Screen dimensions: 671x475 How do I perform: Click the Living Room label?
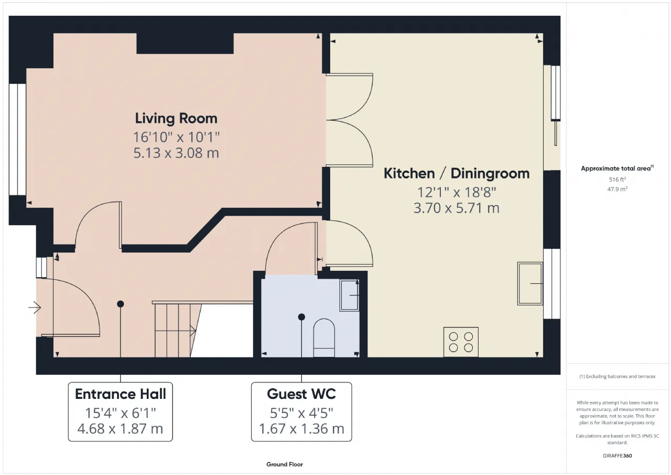click(x=176, y=119)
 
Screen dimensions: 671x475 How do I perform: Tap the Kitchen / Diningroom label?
click(x=457, y=174)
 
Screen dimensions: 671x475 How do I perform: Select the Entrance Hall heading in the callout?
click(x=121, y=394)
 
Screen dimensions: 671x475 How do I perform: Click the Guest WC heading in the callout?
click(x=301, y=394)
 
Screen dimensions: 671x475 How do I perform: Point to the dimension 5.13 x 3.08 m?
click(x=176, y=153)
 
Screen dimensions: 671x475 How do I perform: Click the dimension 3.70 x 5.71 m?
click(x=457, y=208)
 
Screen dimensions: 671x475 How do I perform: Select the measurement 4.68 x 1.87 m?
click(x=121, y=428)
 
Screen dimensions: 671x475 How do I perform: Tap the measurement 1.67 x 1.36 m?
click(x=301, y=428)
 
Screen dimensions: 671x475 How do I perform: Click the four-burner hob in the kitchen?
click(x=461, y=342)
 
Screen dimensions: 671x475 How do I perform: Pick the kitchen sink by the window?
click(x=530, y=283)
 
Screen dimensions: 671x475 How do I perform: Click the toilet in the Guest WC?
click(x=324, y=338)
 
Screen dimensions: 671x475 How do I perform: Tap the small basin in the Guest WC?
click(x=349, y=295)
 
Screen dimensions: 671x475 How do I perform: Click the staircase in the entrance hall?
click(x=177, y=330)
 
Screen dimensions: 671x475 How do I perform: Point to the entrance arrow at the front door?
click(x=35, y=308)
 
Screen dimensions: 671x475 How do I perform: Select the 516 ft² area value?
click(x=618, y=180)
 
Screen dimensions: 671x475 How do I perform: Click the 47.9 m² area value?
click(x=618, y=189)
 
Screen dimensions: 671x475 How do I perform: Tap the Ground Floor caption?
click(x=285, y=464)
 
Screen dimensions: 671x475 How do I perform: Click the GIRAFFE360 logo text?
click(x=618, y=456)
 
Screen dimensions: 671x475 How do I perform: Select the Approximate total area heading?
click(x=617, y=168)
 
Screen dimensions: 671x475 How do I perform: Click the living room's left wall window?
click(x=17, y=140)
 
